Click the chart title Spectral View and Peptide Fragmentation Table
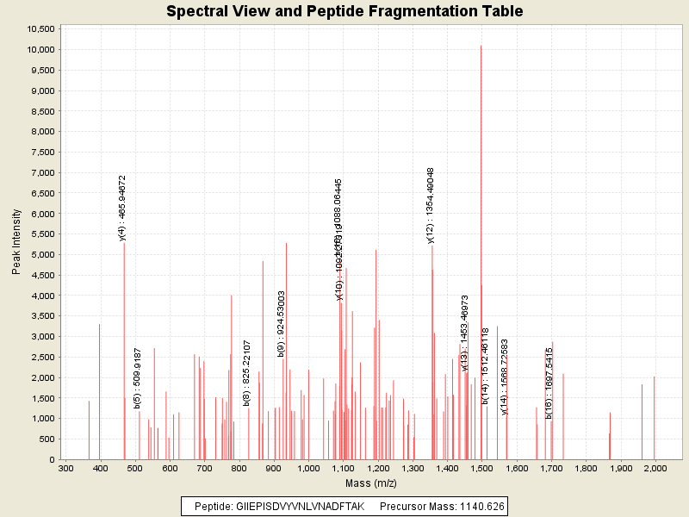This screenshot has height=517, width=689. (344, 12)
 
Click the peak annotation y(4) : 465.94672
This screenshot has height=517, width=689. (123, 208)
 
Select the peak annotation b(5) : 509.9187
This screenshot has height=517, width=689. (138, 378)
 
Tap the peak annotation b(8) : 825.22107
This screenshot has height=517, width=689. (247, 372)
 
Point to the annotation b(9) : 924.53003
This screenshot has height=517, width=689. (282, 323)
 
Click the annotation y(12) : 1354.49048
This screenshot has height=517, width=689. (431, 205)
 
